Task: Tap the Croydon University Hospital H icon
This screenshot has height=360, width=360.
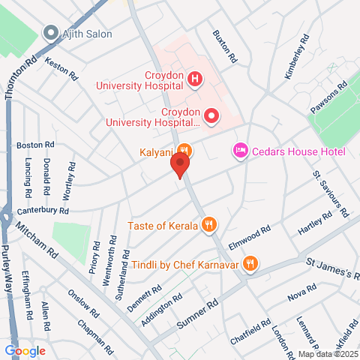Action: [x=195, y=78]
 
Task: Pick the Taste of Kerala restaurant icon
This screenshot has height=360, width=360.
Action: [x=211, y=224]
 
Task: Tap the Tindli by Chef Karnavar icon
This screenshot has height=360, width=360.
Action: [x=250, y=263]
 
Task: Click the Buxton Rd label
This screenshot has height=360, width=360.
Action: [x=225, y=46]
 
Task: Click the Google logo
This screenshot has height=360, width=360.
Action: [x=25, y=351]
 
